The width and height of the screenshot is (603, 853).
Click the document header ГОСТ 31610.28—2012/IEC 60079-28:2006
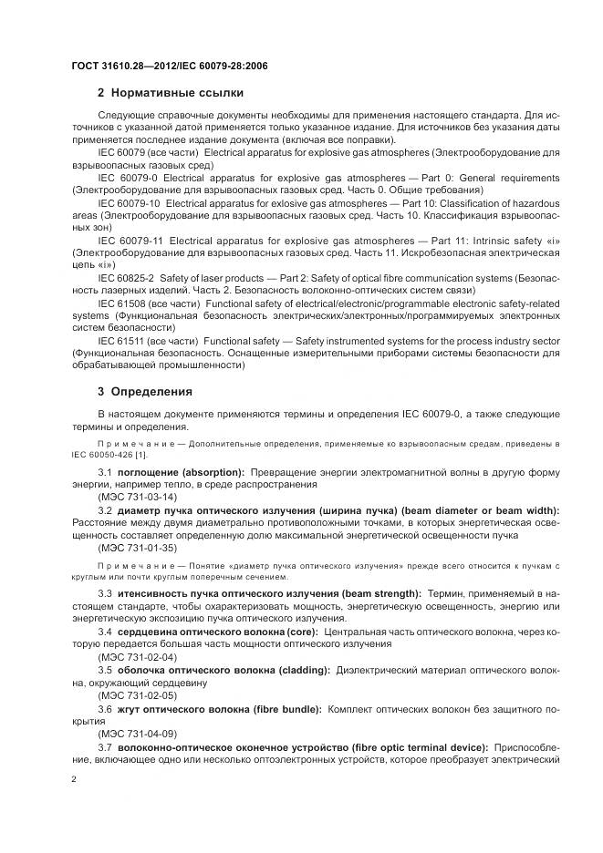pyautogui.click(x=169, y=66)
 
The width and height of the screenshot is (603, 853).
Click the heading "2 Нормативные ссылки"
pyautogui.click(x=171, y=92)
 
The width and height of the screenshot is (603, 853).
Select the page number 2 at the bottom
pyautogui.click(x=74, y=780)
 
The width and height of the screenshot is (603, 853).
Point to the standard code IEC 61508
pyautogui.click(x=120, y=301)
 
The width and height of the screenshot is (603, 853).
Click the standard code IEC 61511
pyautogui.click(x=120, y=339)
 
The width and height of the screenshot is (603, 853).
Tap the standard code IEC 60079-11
pyautogui.click(x=130, y=238)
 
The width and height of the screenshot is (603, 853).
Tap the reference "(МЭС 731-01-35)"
pyautogui.click(x=137, y=547)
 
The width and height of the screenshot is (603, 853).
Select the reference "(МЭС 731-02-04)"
pyautogui.click(x=137, y=656)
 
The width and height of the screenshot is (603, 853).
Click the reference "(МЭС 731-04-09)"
pyautogui.click(x=137, y=733)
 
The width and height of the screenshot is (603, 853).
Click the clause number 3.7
pyautogui.click(x=104, y=746)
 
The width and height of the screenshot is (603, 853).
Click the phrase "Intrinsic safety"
pyautogui.click(x=513, y=238)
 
